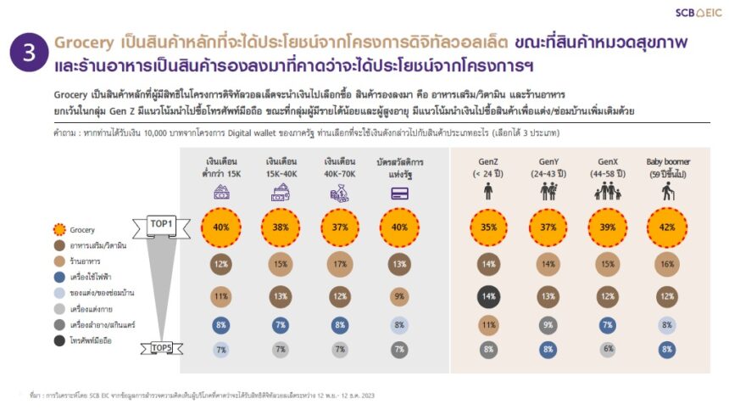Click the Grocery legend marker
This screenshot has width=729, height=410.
click(x=58, y=229)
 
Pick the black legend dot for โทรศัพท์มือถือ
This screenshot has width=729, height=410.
click(x=58, y=340)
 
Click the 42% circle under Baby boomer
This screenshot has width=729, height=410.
click(x=666, y=227)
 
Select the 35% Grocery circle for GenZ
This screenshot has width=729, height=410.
click(x=489, y=227)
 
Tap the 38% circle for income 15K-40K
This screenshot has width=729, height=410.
click(x=281, y=227)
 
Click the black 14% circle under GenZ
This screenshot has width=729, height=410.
click(x=489, y=297)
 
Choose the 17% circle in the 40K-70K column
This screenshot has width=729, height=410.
click(x=340, y=265)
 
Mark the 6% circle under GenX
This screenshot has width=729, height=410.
click(x=608, y=349)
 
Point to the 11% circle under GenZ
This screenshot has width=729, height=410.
click(x=489, y=324)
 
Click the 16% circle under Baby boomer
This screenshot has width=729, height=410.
click(x=666, y=265)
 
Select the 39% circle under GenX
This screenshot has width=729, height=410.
click(x=608, y=227)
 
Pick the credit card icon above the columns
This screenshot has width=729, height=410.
click(x=398, y=193)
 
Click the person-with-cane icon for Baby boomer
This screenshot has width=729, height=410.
click(x=666, y=192)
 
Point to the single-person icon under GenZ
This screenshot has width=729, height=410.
click(x=489, y=192)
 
